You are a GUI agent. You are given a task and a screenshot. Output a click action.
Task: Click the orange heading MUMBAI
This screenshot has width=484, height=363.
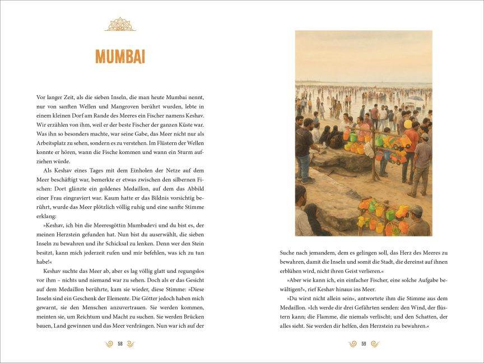(120, 57)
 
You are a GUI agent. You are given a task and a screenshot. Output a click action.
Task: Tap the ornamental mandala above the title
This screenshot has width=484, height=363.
(120, 25)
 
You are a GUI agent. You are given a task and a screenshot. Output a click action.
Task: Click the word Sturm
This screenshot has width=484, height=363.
(180, 152)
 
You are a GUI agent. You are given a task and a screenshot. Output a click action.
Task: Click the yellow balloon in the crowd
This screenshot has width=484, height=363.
(408, 124)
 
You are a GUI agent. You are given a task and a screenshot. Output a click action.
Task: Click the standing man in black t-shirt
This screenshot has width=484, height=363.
(305, 147)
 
